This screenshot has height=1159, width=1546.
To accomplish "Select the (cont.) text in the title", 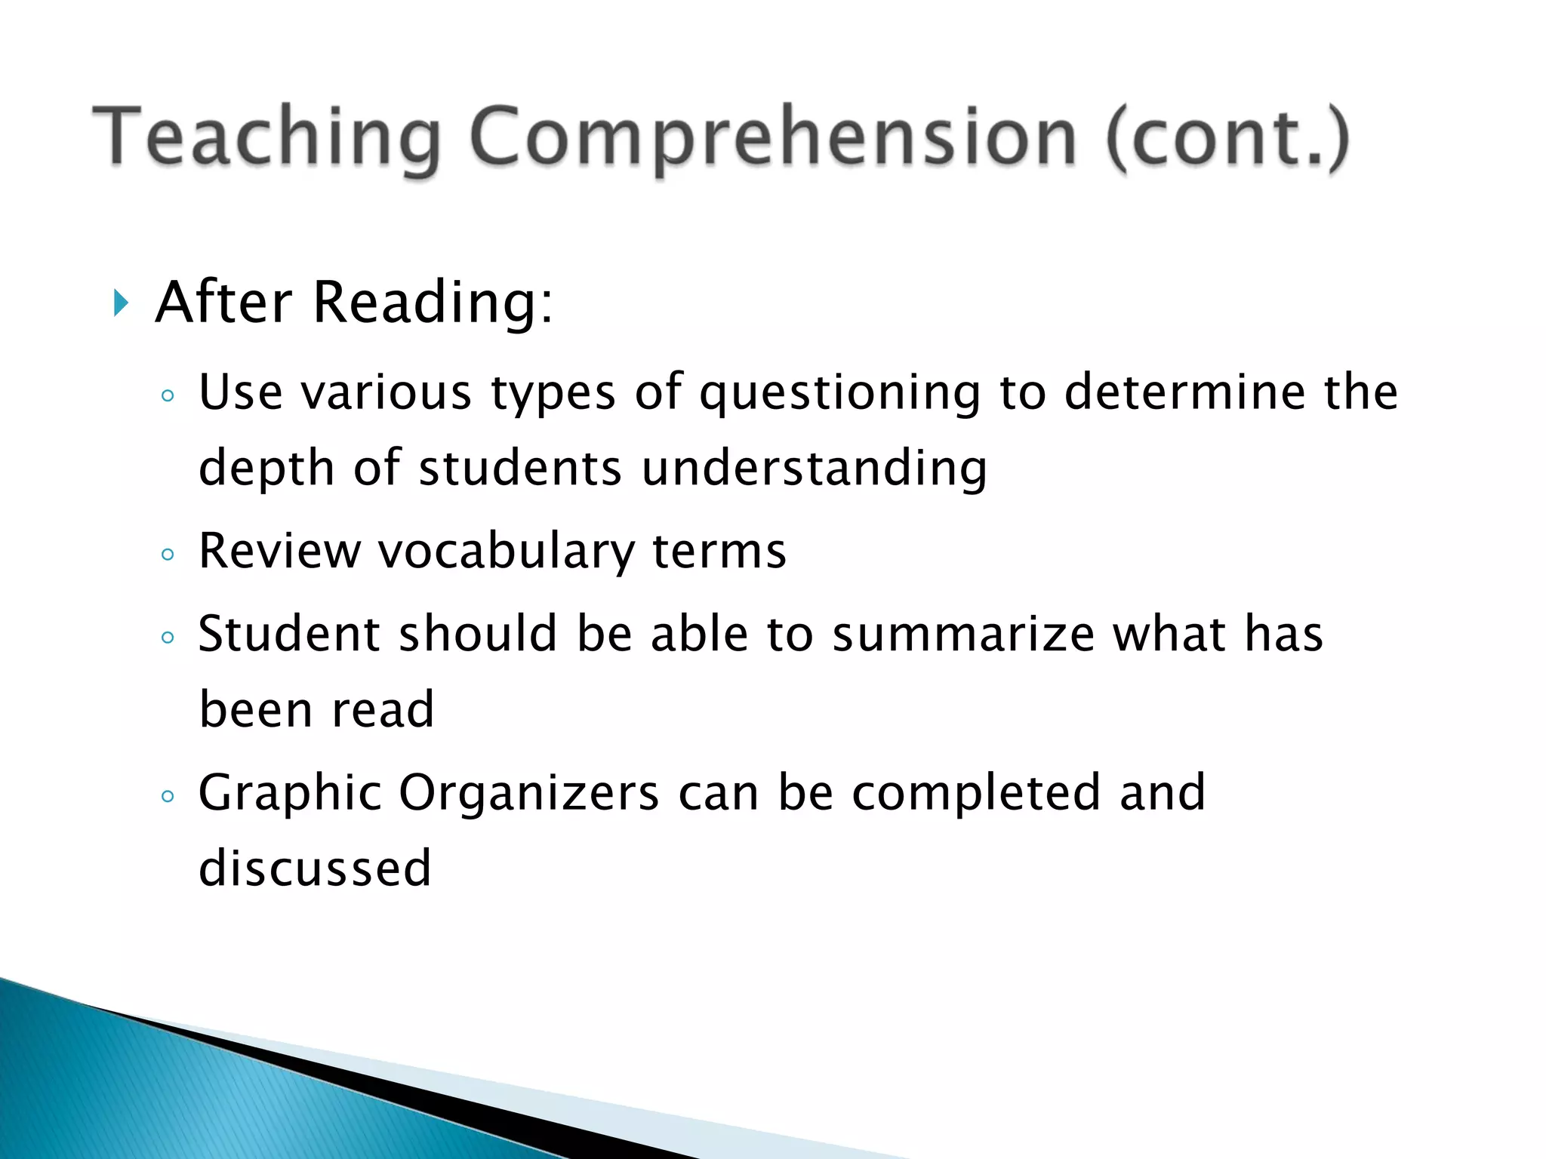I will tap(1227, 138).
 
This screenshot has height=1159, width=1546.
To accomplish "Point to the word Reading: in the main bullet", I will tap(433, 303).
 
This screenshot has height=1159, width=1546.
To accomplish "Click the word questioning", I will tap(839, 393).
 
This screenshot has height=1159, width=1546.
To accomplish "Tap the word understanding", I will tap(814, 469).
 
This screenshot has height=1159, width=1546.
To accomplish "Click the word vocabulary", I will tap(506, 551).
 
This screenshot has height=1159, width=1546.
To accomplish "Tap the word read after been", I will tap(383, 710).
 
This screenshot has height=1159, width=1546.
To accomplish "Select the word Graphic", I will tap(290, 793).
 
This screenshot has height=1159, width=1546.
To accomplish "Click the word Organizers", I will tap(528, 793).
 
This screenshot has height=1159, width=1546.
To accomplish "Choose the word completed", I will tap(976, 793).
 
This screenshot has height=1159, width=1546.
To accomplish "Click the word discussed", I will tap(314, 868).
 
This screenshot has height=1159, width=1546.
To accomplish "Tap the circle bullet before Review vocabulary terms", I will tap(168, 555).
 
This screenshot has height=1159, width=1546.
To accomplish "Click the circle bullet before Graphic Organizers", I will tap(168, 796).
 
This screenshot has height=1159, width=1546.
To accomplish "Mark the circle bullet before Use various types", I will tap(168, 396).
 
